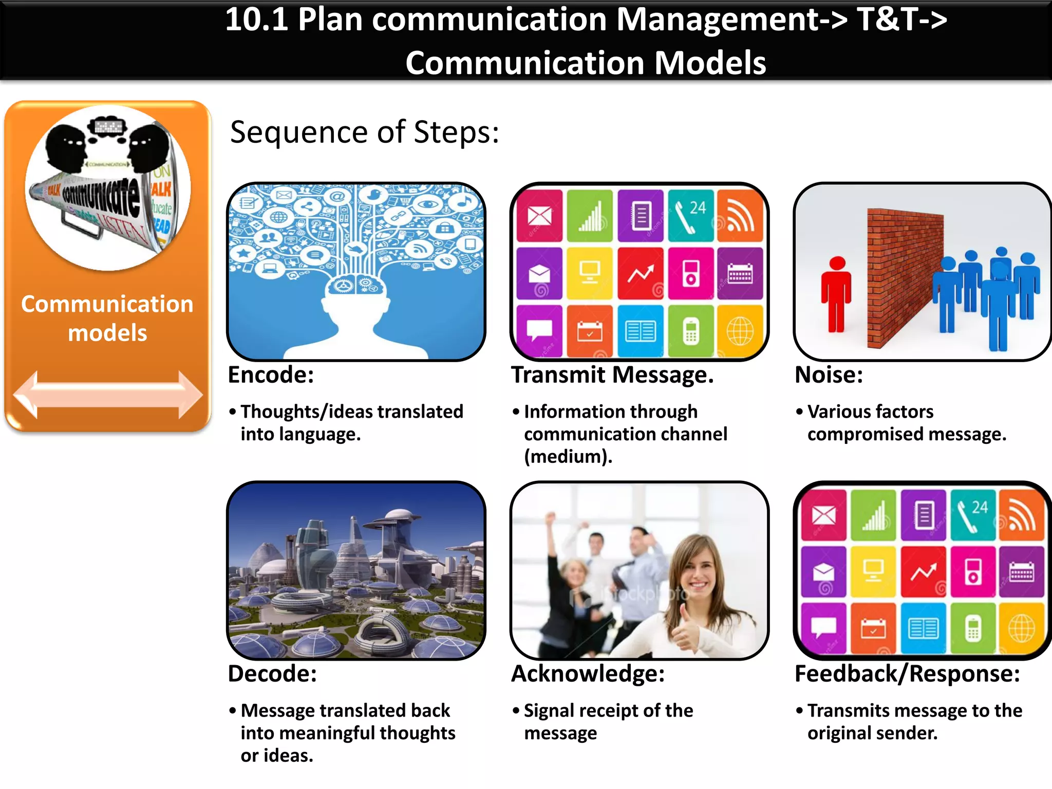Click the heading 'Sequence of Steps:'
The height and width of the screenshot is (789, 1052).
tap(364, 133)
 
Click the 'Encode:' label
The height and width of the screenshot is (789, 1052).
tap(271, 375)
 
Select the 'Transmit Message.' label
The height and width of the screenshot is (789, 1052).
tap(612, 375)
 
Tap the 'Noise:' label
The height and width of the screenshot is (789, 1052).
tap(829, 375)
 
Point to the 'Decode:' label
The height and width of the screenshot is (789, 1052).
tap(272, 674)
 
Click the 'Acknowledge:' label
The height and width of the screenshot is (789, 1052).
tap(588, 674)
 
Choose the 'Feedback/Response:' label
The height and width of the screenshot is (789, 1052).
tap(907, 674)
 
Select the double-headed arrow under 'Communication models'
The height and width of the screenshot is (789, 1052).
tap(108, 394)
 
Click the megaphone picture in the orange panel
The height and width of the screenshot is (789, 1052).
tap(108, 188)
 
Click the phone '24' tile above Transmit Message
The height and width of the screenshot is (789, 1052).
tap(690, 215)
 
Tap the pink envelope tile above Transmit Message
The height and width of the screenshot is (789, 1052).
tap(539, 215)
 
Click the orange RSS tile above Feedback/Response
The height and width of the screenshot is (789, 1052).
tap(1022, 515)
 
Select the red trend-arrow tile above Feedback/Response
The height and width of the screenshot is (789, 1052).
tap(923, 571)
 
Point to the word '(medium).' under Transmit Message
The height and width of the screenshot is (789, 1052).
tap(568, 457)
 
